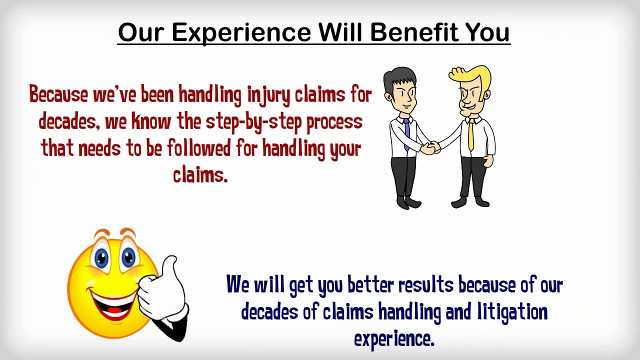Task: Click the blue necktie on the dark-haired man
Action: (406, 132)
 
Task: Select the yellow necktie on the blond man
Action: (471, 134)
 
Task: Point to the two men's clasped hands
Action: (430, 147)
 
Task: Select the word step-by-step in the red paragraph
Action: (254, 122)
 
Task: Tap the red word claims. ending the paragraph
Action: (200, 174)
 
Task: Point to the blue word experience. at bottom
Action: (394, 339)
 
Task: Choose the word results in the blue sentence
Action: (425, 285)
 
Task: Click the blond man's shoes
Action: (470, 202)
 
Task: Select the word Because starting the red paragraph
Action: (58, 95)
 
